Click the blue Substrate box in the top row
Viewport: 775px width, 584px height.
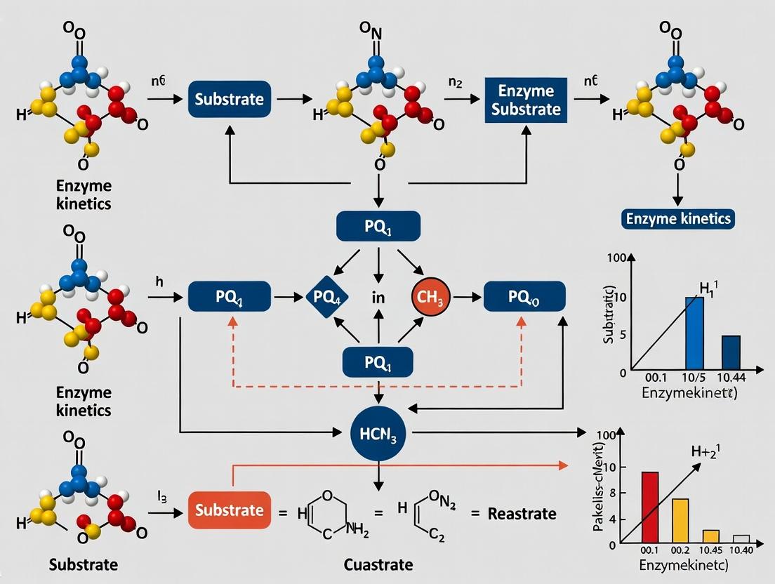pyautogui.click(x=230, y=99)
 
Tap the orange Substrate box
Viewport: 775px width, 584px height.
pyautogui.click(x=230, y=510)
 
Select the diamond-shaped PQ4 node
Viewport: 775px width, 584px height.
pyautogui.click(x=327, y=298)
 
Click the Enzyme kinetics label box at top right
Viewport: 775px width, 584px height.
pyautogui.click(x=679, y=218)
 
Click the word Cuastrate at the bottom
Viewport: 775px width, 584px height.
pyautogui.click(x=378, y=564)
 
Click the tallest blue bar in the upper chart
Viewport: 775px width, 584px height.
pyautogui.click(x=694, y=333)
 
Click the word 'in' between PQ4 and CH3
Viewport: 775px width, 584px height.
pyautogui.click(x=378, y=298)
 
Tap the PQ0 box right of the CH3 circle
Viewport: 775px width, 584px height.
pyautogui.click(x=524, y=298)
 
